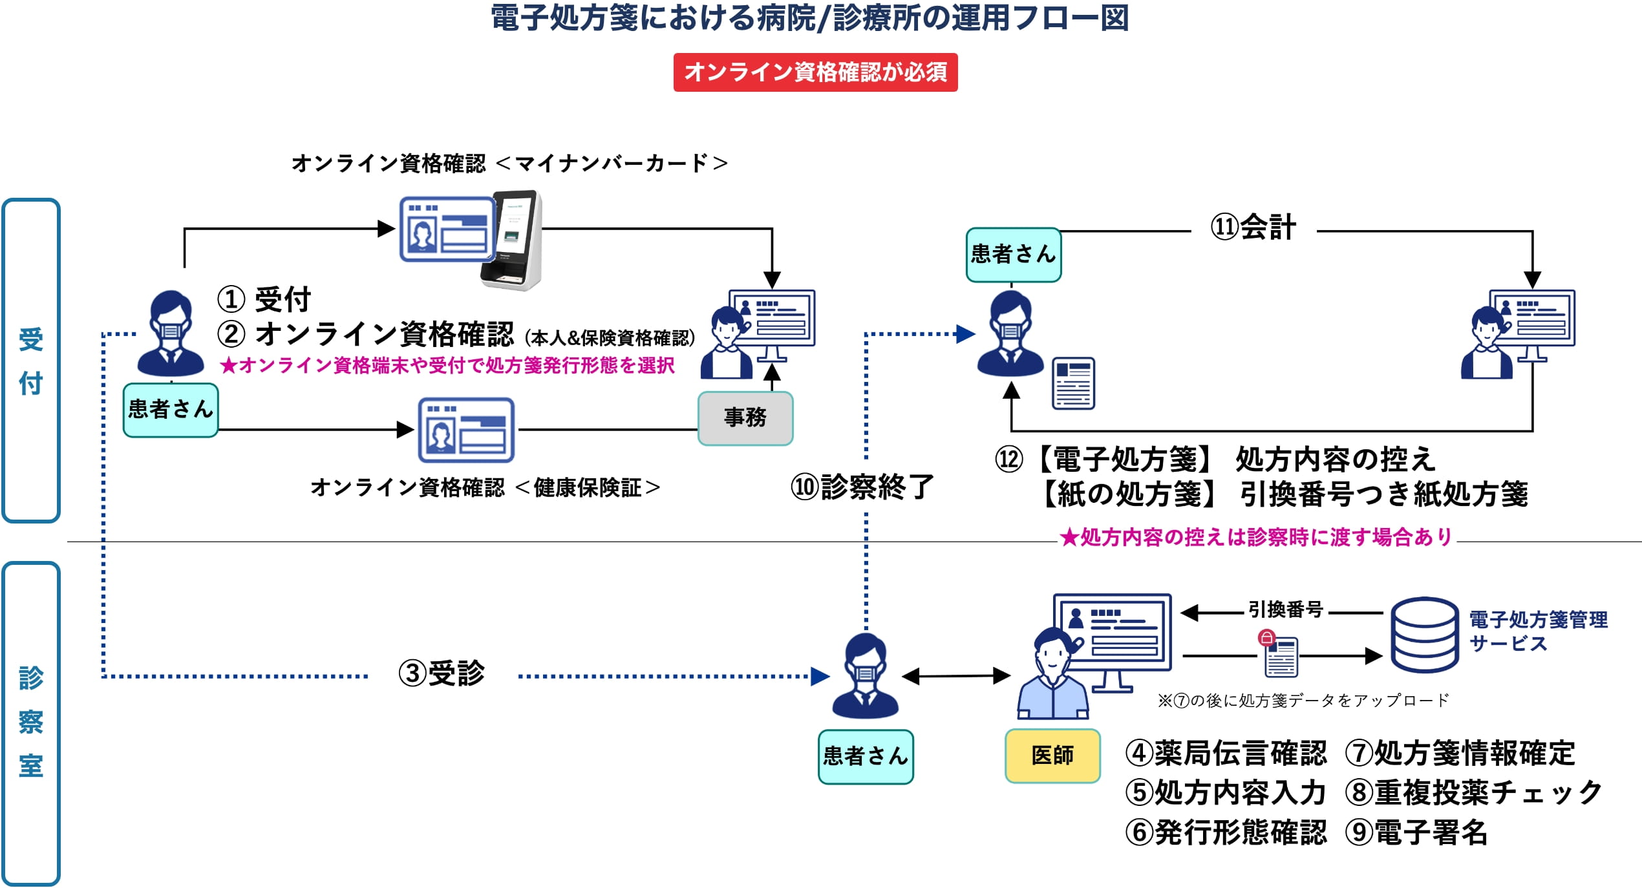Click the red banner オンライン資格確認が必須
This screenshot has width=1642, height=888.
coord(815,72)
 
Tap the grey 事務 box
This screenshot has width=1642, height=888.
coord(745,418)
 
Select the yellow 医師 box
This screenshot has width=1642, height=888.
coord(1052,756)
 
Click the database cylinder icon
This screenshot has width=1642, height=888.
coord(1424,635)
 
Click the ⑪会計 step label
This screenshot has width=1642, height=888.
coord(1253,227)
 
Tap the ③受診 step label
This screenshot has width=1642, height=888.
coord(442,673)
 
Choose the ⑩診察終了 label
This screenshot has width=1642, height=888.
coord(862,487)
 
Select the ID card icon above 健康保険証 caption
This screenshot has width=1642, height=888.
coord(466,430)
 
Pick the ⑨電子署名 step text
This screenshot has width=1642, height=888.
coord(1416,832)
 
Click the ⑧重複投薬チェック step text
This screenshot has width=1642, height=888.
coord(1473,792)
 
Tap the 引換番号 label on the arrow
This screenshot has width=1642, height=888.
coord(1285,609)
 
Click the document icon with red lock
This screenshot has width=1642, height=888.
coord(1279,654)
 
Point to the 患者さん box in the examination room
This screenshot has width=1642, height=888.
coord(866,757)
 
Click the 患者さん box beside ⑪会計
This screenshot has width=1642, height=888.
coord(1013,255)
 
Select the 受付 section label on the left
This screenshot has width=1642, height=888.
coord(31,361)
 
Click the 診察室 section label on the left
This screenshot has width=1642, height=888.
coord(31,722)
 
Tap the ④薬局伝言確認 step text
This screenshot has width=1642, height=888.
coord(1226,753)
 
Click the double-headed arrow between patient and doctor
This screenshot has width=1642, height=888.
coord(955,677)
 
